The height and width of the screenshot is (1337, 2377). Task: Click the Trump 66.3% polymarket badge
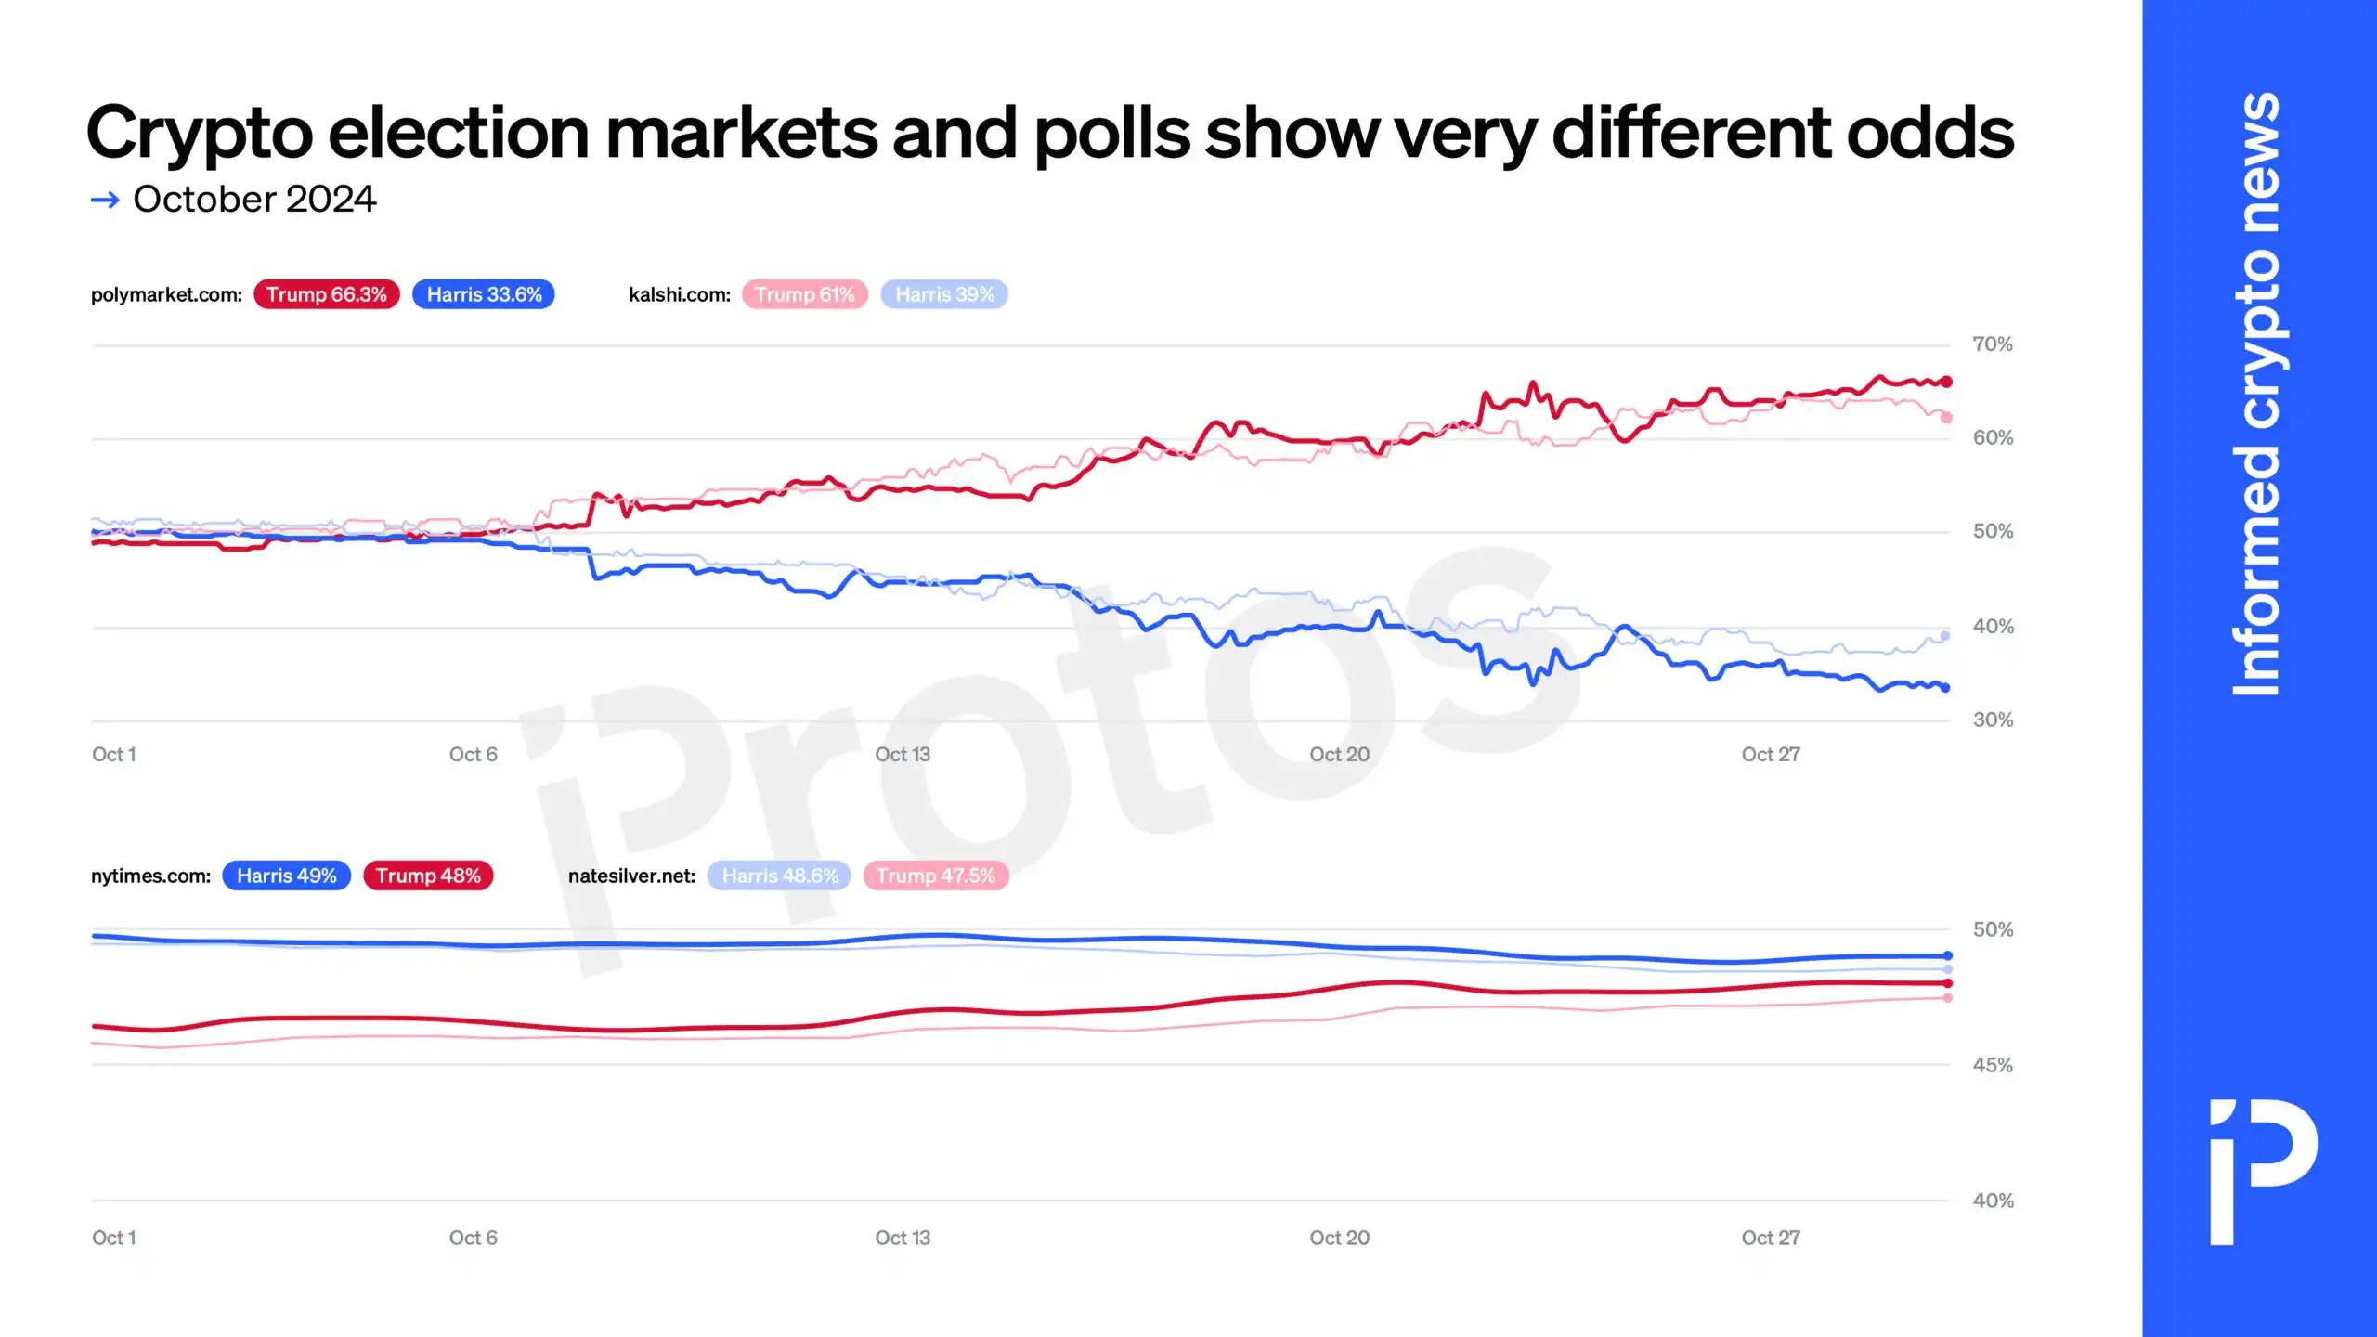(326, 294)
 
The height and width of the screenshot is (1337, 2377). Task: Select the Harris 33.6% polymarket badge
(483, 294)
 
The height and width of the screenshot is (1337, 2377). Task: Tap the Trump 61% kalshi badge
(804, 294)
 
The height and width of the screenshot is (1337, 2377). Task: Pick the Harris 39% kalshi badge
(943, 294)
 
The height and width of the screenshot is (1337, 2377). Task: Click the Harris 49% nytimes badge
(286, 876)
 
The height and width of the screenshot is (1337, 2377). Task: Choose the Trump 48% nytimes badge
(428, 876)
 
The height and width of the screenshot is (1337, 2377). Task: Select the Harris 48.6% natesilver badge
(779, 876)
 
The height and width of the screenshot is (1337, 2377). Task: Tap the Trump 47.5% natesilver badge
(935, 876)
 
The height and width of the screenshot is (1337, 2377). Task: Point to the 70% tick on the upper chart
(1993, 344)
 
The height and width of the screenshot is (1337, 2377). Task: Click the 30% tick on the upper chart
(1993, 720)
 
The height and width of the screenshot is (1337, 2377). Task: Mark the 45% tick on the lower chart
(1993, 1065)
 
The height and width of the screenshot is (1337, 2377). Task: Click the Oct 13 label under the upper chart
(902, 755)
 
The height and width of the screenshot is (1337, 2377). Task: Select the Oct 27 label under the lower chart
(1770, 1238)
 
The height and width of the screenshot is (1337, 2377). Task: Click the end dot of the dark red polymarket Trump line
(1946, 382)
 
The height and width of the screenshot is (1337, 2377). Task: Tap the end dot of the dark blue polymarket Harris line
(1945, 688)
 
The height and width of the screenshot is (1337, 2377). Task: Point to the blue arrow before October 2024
(105, 200)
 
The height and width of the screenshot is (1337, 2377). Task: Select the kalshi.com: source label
(679, 294)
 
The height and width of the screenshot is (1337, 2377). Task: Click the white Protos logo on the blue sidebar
(2262, 1172)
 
